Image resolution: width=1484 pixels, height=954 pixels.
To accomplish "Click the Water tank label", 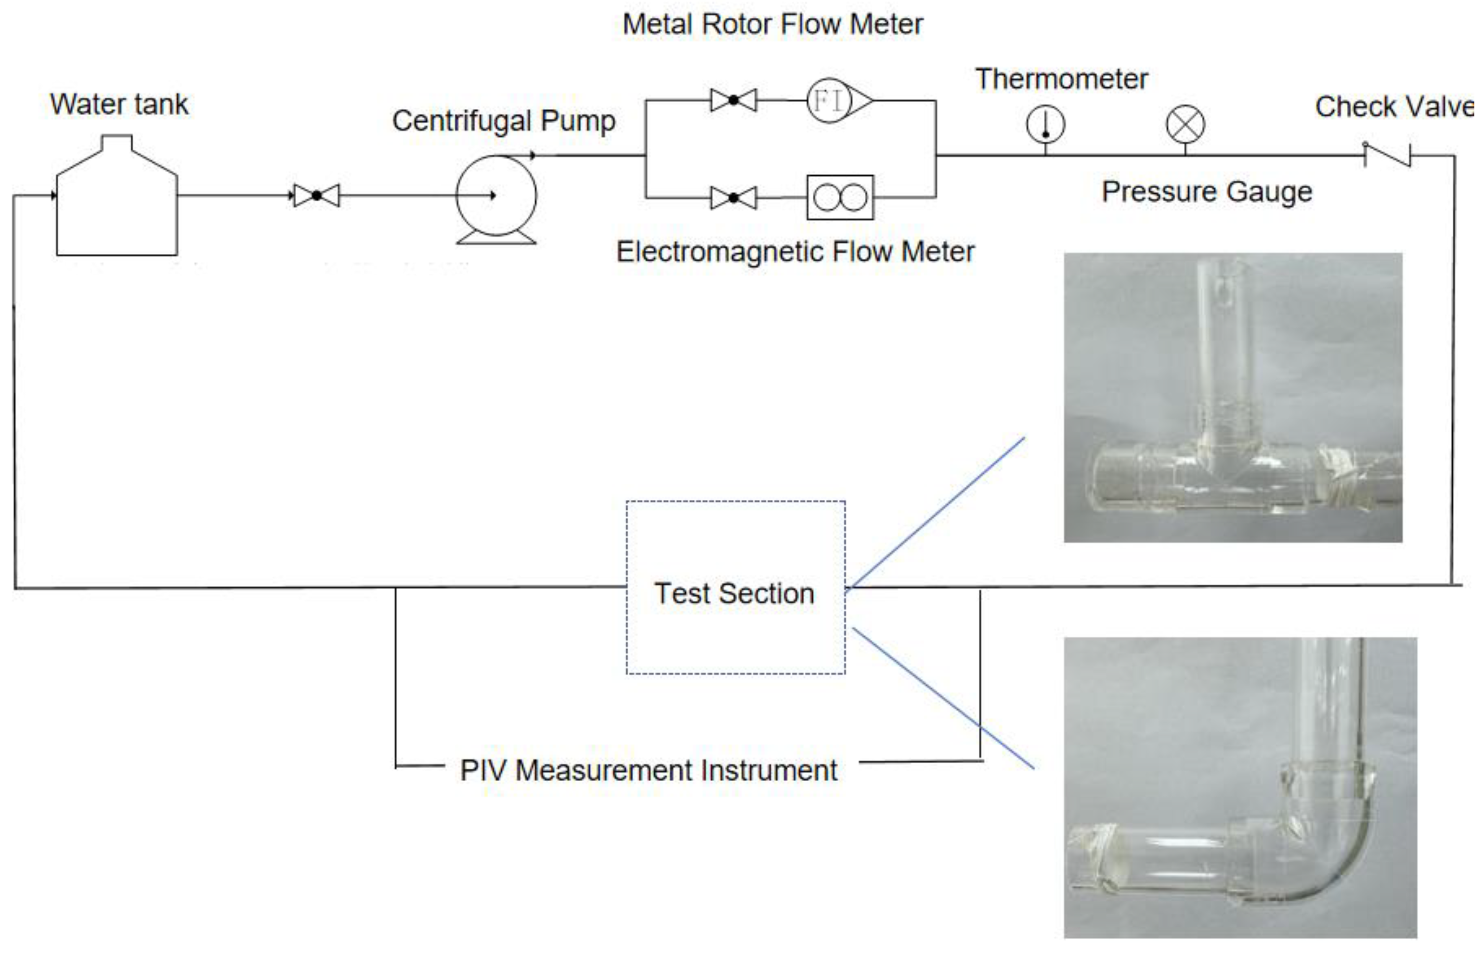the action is (119, 104).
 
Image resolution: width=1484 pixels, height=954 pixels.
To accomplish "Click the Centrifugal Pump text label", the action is (504, 121).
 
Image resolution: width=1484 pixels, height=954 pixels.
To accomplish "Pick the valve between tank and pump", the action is (316, 196).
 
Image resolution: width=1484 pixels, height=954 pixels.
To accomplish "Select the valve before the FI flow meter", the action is (733, 100).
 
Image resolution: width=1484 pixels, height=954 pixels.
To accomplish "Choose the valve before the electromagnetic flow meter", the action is (733, 198).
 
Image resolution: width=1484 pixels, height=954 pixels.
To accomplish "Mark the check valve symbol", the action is (1387, 155).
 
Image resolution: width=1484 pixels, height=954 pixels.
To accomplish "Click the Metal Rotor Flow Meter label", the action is (772, 25).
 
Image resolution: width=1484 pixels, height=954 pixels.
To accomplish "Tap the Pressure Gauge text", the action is (1207, 191).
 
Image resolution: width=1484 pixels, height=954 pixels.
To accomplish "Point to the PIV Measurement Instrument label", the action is (649, 771).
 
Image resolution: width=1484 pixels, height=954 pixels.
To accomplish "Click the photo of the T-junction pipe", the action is (1233, 398).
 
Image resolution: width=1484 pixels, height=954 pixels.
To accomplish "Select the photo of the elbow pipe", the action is (1240, 787).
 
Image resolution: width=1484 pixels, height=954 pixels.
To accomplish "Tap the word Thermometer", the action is (1062, 79).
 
